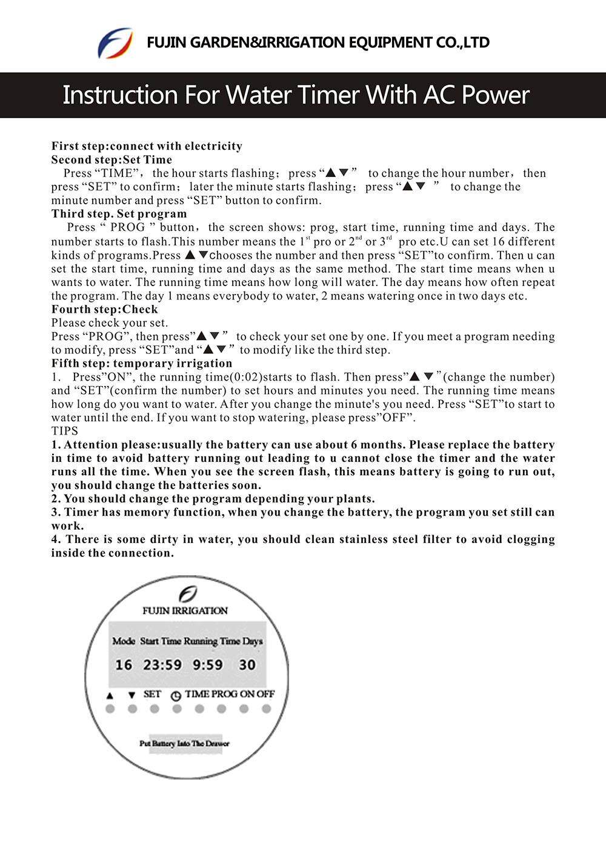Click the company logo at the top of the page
(x=115, y=43)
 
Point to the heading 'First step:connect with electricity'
(x=147, y=146)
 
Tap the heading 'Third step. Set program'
(x=119, y=214)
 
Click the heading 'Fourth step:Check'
(x=104, y=309)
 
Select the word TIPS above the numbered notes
(x=65, y=431)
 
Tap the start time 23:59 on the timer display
(x=162, y=665)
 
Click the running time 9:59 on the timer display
(x=208, y=665)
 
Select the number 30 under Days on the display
(x=247, y=665)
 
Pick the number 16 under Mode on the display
(x=124, y=665)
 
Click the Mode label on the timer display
(x=124, y=641)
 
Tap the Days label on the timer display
(x=253, y=641)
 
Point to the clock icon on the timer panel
(x=176, y=696)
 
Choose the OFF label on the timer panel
(x=265, y=694)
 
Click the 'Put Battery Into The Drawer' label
(x=184, y=744)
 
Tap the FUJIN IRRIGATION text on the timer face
(x=185, y=611)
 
